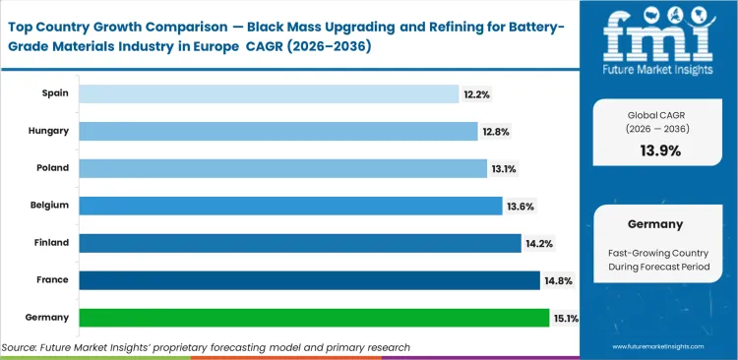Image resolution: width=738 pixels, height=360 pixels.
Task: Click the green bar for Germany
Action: tap(313, 318)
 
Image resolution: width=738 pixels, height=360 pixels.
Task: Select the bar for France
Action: tap(308, 280)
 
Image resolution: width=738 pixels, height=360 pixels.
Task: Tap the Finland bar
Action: tap(299, 243)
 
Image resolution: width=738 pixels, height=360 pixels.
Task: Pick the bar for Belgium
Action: tap(290, 206)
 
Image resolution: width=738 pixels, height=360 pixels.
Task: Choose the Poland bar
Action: tap(282, 168)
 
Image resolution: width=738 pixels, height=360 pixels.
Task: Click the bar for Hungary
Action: tap(277, 131)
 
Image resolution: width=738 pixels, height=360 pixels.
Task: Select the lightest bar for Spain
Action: tap(269, 93)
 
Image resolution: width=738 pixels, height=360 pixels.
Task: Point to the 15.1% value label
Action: tap(568, 318)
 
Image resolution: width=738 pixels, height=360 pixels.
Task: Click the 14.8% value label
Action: tap(558, 280)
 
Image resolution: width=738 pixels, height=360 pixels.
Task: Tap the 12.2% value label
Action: tap(477, 93)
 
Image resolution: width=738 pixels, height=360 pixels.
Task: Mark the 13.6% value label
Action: tap(521, 206)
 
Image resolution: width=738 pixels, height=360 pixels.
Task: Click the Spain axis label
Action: tap(55, 93)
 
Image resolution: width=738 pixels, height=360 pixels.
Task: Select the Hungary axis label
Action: tap(51, 131)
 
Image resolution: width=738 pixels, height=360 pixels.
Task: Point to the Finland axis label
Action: tap(53, 243)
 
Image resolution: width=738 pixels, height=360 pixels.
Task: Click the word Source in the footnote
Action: tap(21, 347)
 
